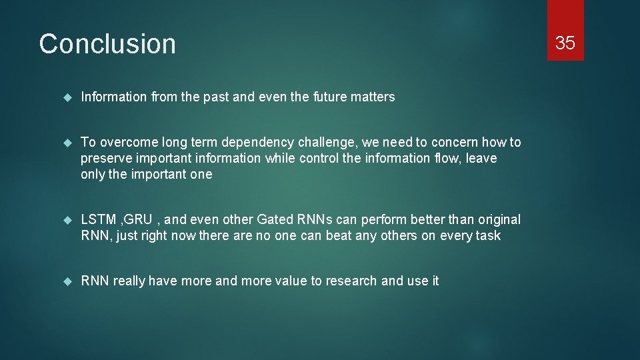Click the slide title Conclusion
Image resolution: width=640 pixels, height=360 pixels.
[x=107, y=44]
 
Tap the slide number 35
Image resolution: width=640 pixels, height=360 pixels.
[x=565, y=43]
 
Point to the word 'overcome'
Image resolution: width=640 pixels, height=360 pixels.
[x=124, y=142]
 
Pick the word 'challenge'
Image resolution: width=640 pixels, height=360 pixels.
[x=323, y=143]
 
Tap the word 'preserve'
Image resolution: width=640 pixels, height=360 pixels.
[x=104, y=159]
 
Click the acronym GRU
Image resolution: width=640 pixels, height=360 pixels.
[x=138, y=220]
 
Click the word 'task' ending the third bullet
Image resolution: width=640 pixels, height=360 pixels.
[x=488, y=236]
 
